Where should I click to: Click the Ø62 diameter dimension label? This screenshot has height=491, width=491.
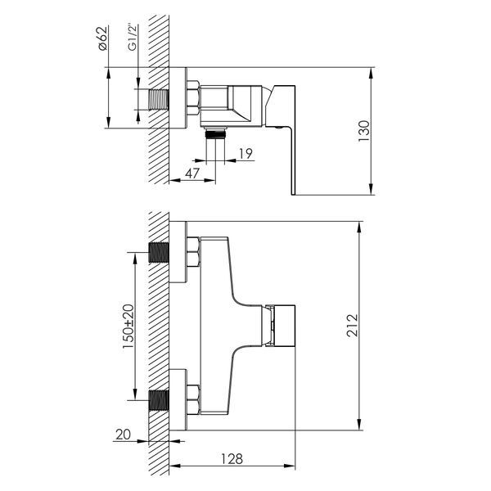[103, 38]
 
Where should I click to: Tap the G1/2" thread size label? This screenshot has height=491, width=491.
[133, 38]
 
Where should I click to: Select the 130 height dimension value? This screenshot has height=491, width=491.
[364, 131]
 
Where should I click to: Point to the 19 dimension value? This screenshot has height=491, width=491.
[245, 154]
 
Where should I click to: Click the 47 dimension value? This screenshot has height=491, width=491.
[192, 173]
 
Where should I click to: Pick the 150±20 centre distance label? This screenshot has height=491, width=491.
[128, 327]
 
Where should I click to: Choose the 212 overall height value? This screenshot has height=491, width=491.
[352, 326]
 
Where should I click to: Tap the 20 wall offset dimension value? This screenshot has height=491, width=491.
[123, 435]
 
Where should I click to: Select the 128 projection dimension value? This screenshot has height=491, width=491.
[232, 459]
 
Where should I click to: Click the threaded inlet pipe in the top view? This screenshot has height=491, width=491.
[159, 100]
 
